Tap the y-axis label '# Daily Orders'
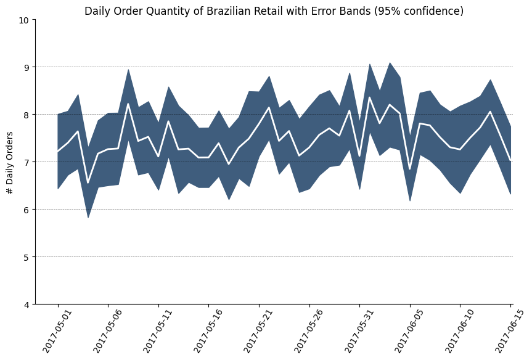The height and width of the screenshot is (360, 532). pos(10,162)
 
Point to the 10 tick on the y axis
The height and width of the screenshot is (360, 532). pos(24,20)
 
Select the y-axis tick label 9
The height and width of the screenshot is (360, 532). pos(27,67)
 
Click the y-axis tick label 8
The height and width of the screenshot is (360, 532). pos(27,115)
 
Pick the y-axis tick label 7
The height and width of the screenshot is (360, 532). pos(27,162)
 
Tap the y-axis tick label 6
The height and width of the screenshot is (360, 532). pos(27,210)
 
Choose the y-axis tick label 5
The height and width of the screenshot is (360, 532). pos(27,257)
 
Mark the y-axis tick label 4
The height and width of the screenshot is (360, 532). pos(27,305)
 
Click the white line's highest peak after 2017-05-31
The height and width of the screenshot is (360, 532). pos(370,97)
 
